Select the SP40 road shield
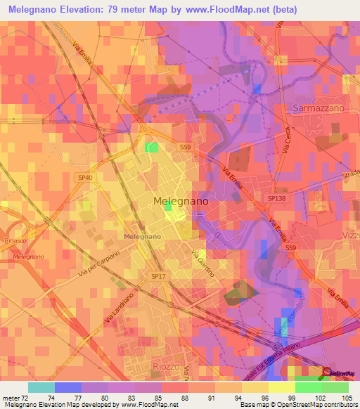pos(85,178)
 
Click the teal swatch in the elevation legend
pos(41,387)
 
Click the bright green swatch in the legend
pos(309,387)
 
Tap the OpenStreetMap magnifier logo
pos(327,372)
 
